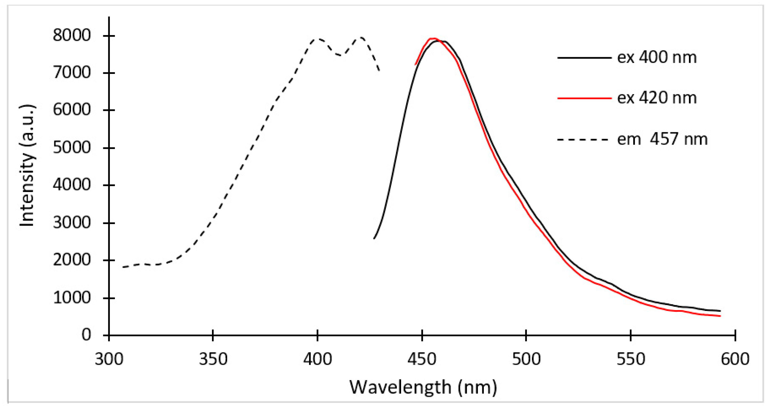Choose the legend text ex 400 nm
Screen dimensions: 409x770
657,57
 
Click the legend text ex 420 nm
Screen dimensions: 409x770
657,98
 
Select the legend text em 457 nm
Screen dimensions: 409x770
662,139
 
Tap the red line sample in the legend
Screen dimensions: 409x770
584,98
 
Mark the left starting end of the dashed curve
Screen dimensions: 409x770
123,267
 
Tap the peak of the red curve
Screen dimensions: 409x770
432,39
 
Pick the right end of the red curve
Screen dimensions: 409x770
720,316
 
